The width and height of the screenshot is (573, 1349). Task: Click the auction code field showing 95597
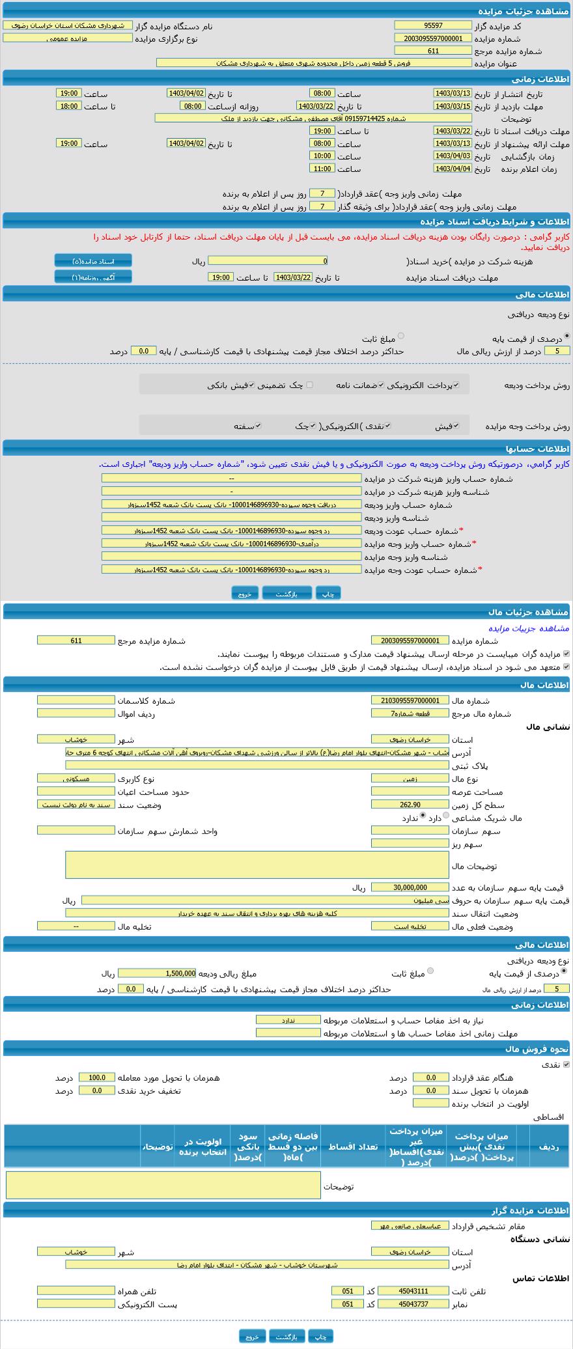point(432,25)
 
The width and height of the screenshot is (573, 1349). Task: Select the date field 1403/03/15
point(452,106)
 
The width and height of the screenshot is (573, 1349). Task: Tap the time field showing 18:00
point(68,106)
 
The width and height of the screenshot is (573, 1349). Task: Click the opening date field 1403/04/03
point(452,156)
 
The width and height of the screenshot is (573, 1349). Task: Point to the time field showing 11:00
point(322,169)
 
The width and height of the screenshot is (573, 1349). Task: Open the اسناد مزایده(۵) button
point(93,261)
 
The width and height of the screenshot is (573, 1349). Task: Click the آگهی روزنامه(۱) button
point(93,277)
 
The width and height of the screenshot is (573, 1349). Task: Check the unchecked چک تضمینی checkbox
point(309,385)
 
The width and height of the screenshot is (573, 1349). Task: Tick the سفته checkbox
point(258,426)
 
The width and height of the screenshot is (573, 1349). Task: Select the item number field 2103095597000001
point(410,701)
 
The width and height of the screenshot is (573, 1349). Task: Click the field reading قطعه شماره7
point(410,713)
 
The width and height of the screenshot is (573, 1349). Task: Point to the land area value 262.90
point(410,805)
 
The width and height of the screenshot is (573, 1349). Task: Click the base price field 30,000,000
point(410,887)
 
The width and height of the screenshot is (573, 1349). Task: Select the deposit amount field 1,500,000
point(157,973)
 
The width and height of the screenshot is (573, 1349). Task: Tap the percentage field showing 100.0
point(96,1078)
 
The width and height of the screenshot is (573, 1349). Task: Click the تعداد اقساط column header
point(353,1147)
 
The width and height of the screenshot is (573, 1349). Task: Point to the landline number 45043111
point(404,1291)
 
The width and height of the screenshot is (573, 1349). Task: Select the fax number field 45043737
point(404,1304)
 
